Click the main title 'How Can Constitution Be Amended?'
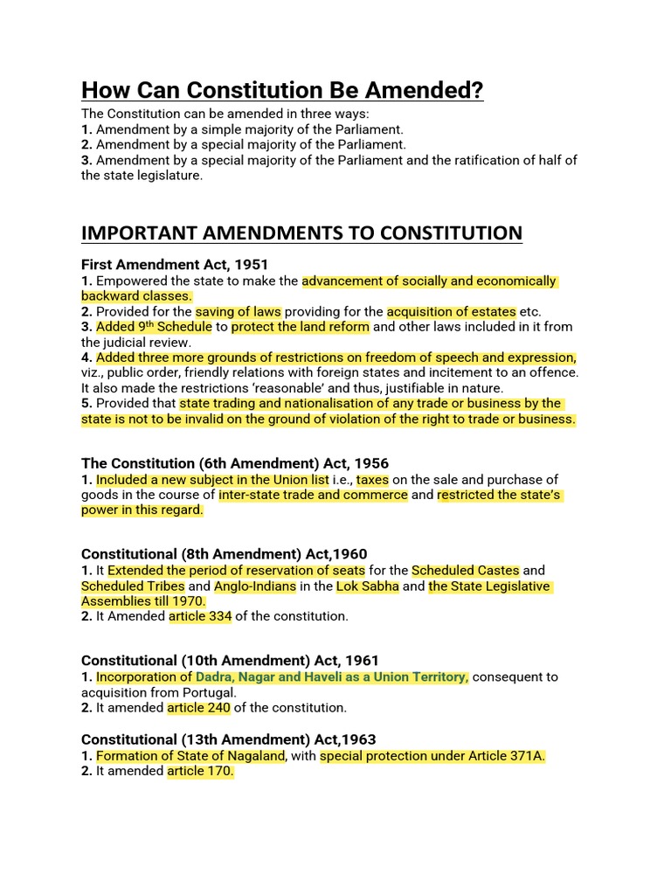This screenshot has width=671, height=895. tap(282, 90)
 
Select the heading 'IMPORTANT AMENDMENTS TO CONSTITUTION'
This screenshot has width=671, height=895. tap(301, 233)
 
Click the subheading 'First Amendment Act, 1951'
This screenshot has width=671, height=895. tap(175, 264)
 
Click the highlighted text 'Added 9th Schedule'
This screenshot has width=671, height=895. tap(154, 327)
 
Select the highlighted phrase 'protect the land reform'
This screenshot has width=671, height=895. tap(301, 327)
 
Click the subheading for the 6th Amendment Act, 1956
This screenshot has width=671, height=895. tap(235, 463)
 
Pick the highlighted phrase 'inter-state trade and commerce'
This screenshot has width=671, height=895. tap(313, 495)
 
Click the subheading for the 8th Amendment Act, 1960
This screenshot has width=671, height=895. tap(225, 554)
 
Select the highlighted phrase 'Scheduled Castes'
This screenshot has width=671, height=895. tap(466, 571)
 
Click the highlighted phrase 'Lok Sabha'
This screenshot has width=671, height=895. tap(368, 586)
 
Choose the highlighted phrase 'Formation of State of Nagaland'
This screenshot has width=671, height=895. tap(190, 755)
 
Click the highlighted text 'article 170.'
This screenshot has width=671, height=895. tap(200, 771)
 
